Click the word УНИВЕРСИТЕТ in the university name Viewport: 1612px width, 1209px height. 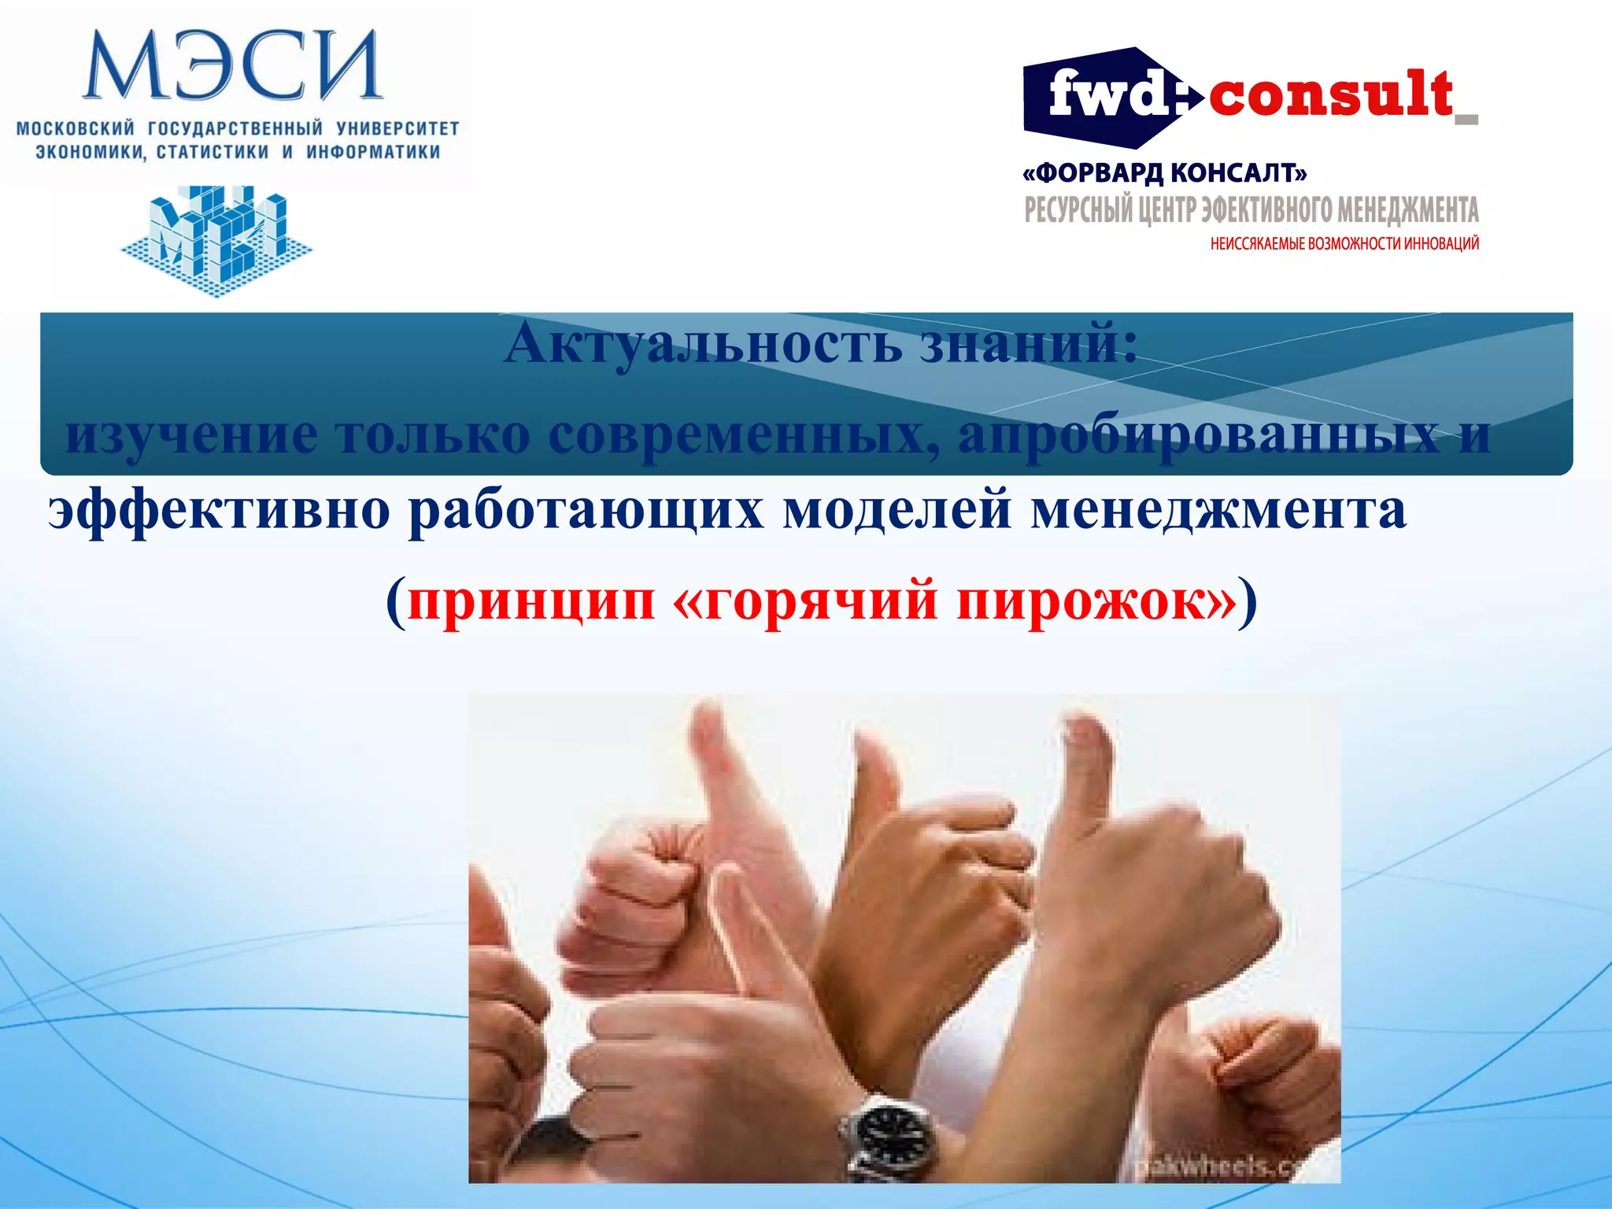pos(397,128)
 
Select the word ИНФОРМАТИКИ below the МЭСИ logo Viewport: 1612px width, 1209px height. pos(373,152)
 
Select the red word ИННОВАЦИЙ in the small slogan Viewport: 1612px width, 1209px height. pos(1441,244)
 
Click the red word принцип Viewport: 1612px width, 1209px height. pos(531,601)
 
